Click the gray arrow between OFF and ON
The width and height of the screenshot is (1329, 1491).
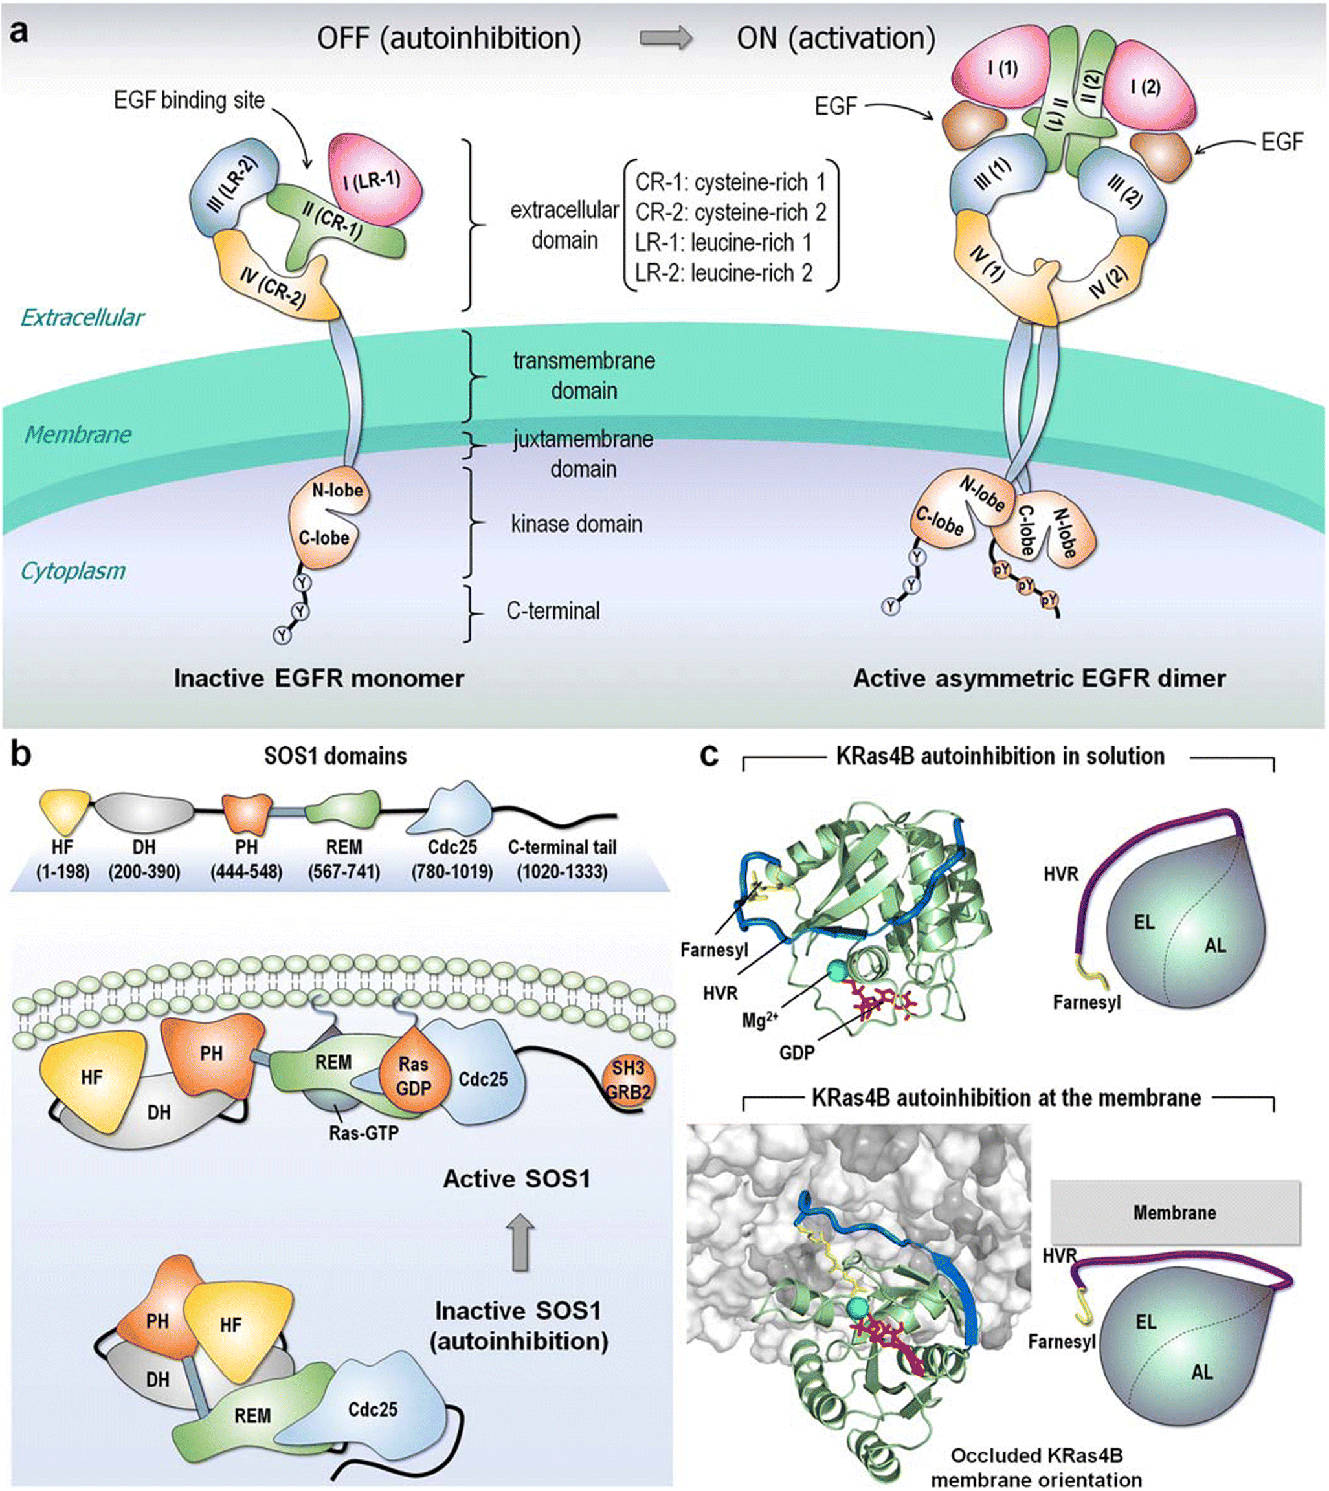click(x=666, y=39)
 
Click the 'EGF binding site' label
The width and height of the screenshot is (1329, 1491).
click(x=189, y=100)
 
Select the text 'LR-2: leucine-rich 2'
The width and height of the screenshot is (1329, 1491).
click(x=724, y=273)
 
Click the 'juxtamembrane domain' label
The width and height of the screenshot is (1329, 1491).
click(x=583, y=453)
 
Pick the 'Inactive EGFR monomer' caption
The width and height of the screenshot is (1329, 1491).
click(x=318, y=678)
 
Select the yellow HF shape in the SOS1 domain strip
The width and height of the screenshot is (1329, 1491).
click(x=63, y=810)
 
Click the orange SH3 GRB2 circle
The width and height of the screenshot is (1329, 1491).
click(x=628, y=1079)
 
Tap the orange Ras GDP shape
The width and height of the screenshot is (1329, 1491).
click(x=412, y=1076)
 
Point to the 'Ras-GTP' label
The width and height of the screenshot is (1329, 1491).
click(x=363, y=1133)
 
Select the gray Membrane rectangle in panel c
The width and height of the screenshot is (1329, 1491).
click(x=1174, y=1212)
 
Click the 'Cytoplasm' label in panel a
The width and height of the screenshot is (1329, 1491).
click(x=73, y=570)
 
